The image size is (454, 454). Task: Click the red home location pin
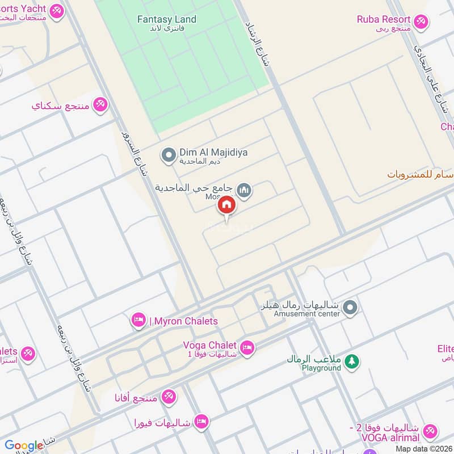pos(226,205)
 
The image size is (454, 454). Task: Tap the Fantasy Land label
pos(167,19)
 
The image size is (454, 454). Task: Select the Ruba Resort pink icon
pos(420,22)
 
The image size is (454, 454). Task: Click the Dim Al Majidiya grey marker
pos(168,155)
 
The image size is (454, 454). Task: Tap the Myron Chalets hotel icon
pos(138,321)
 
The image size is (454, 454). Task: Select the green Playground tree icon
pos(352,361)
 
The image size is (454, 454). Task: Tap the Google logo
pos(24,445)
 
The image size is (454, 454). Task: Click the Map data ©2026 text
pos(424,449)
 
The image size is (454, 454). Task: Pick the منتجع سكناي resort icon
pos(100,104)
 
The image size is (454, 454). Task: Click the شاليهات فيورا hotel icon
pos(201,422)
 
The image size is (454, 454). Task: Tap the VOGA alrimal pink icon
pos(431,431)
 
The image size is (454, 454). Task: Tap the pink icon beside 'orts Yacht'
pos(56,11)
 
